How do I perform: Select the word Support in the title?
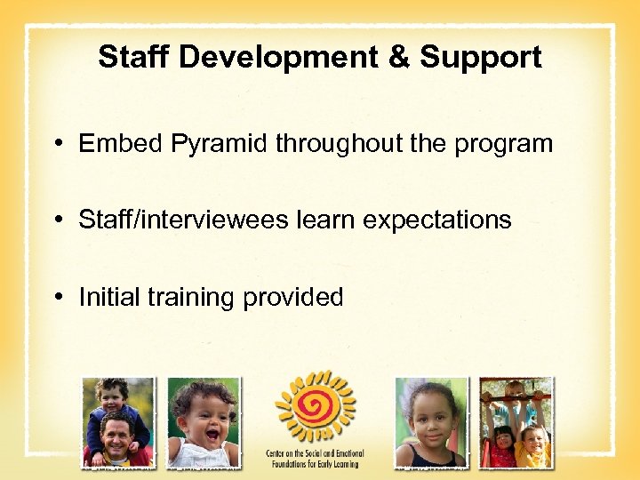point(480,57)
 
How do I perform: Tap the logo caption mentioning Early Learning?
point(316,457)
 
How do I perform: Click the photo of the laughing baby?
point(203,422)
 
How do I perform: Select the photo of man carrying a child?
point(117,422)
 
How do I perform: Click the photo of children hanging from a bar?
point(516,422)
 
